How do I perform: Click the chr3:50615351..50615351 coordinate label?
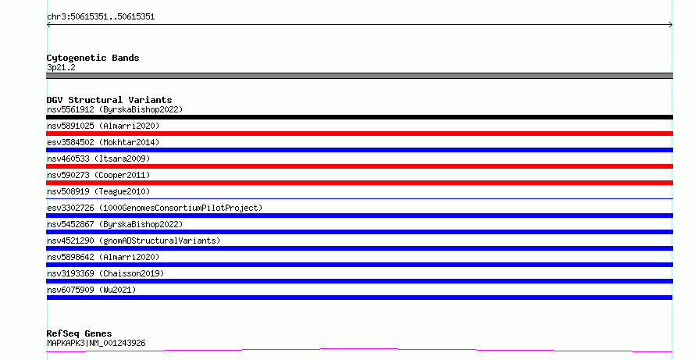(101, 17)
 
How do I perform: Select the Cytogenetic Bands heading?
(93, 58)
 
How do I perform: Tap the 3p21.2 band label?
(61, 67)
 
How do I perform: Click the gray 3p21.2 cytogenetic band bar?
(359, 76)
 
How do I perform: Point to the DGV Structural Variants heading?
(109, 100)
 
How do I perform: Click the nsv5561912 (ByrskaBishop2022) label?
(115, 109)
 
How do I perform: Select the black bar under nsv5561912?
(359, 117)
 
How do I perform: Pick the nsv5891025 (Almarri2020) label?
(103, 126)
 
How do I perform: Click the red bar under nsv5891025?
(359, 134)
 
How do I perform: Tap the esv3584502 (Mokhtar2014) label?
(103, 142)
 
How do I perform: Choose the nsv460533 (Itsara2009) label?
(98, 159)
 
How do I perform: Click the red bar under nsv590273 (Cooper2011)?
(359, 183)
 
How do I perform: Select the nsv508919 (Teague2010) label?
(98, 191)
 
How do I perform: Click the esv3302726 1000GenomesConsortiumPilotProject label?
(155, 208)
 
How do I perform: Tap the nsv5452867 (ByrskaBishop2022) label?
(115, 224)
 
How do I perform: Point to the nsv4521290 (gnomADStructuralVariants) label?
(134, 241)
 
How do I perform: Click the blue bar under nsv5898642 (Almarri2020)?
(359, 265)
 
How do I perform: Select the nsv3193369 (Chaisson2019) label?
(105, 273)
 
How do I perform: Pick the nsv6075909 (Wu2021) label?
(91, 290)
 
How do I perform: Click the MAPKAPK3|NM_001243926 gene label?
(96, 343)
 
